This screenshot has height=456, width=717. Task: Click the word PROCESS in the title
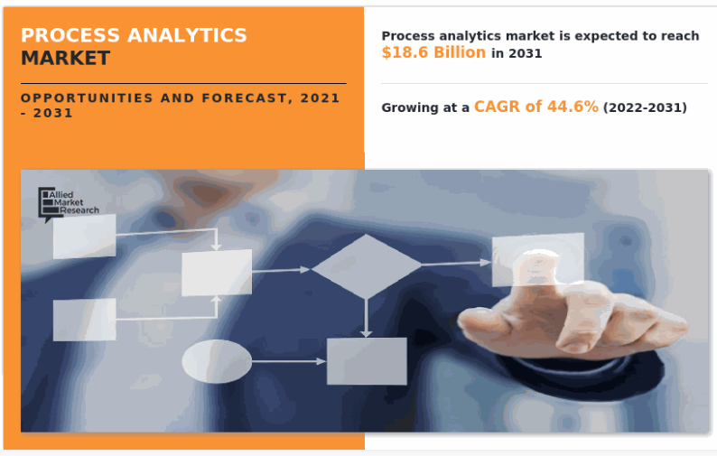(70, 35)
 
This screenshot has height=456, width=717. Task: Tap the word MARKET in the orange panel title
(65, 58)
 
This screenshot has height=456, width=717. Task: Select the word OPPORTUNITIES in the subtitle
(87, 98)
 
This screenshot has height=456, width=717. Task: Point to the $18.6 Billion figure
(433, 52)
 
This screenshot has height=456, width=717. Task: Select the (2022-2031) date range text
(645, 107)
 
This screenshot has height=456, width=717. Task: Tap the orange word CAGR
(497, 107)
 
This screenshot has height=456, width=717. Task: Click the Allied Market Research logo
(68, 203)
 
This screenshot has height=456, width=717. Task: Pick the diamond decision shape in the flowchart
(366, 266)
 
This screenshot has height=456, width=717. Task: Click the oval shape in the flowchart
(217, 361)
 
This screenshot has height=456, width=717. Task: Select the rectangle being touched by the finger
(538, 259)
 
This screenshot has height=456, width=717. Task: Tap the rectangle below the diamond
(367, 361)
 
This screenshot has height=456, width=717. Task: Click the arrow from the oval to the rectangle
(289, 361)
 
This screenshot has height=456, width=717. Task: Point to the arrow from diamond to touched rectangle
(456, 264)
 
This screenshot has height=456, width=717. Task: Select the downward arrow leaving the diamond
(366, 318)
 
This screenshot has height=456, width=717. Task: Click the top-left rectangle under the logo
(85, 237)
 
